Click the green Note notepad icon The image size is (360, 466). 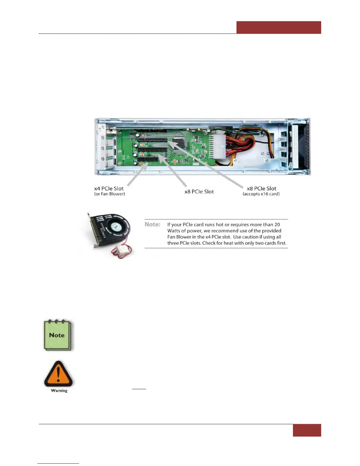57,335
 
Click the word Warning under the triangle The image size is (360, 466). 59,391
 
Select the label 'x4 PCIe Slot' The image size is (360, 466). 109,189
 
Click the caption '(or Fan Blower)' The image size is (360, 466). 109,194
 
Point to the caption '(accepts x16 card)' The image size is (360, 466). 261,194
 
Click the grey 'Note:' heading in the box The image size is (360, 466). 152,224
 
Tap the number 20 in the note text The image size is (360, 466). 277,224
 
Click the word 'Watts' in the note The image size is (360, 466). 174,231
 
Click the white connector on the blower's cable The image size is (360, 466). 115,251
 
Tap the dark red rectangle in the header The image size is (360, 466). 279,27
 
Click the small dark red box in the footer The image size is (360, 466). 307,430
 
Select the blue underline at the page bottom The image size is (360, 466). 58,463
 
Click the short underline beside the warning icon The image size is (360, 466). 139,389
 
